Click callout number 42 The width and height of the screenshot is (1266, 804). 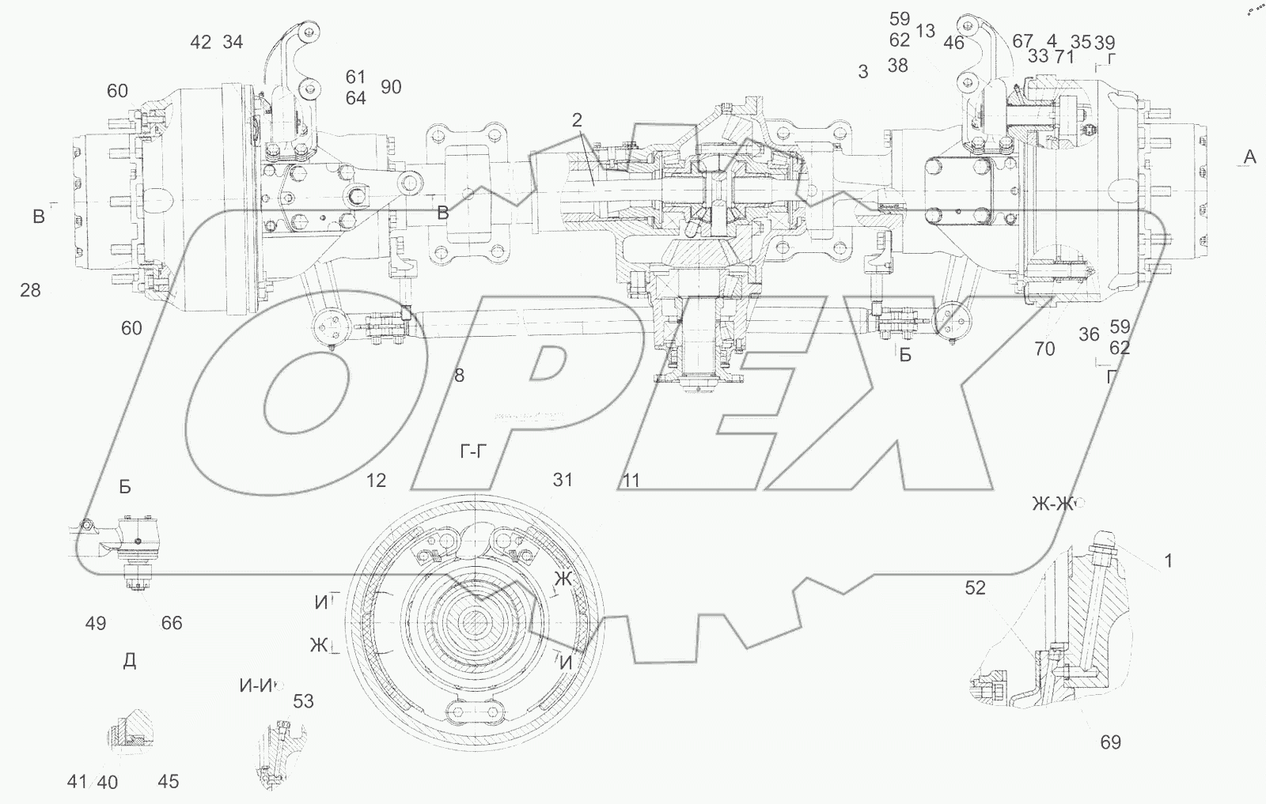[201, 43]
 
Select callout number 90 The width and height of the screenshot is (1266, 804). [391, 87]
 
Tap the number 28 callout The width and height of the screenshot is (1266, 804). [31, 290]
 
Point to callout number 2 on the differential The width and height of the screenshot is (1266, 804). [577, 119]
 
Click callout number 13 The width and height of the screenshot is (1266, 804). [926, 31]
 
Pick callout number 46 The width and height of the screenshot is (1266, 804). [954, 43]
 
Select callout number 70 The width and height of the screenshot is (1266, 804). [1044, 349]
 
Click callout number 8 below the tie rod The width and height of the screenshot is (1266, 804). [459, 375]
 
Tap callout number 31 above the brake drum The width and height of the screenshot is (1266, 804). [563, 480]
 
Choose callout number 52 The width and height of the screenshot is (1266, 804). [975, 588]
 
